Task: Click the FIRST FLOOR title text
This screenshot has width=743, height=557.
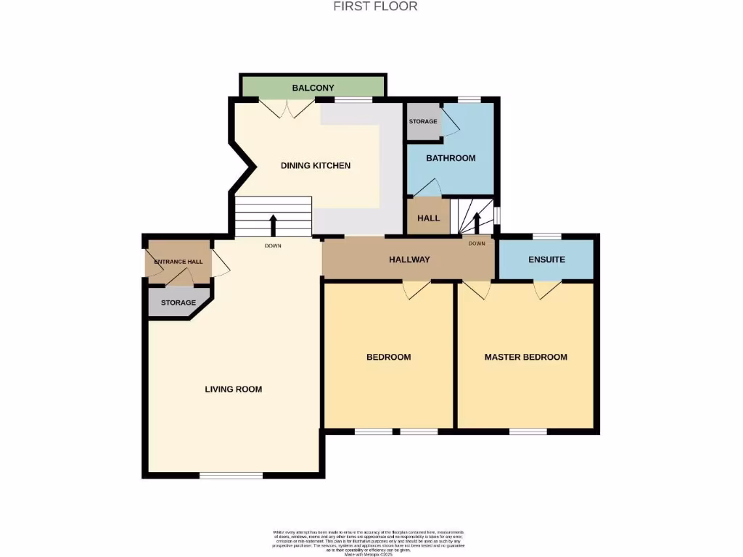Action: (375, 7)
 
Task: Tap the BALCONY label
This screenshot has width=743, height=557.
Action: (313, 88)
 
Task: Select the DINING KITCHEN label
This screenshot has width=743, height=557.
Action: (315, 166)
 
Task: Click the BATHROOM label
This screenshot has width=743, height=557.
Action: (450, 158)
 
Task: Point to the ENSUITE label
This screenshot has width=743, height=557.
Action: (546, 260)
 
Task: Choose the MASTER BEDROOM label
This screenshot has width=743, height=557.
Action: (525, 357)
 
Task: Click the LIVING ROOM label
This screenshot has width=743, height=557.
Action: (233, 389)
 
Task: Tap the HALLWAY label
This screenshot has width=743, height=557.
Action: (409, 260)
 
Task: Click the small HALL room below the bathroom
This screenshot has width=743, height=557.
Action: (428, 218)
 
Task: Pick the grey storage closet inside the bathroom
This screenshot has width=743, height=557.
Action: (423, 122)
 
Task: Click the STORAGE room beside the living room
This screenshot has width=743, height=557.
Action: (178, 302)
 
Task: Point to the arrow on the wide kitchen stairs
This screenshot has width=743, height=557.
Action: (273, 225)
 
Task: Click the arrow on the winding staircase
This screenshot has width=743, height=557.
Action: (477, 221)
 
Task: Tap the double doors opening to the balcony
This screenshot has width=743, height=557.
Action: (288, 109)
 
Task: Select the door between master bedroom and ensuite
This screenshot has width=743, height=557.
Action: (548, 289)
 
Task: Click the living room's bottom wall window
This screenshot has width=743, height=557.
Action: (231, 476)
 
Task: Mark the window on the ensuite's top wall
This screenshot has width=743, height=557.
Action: (546, 236)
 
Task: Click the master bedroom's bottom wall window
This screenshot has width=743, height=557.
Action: (528, 432)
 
